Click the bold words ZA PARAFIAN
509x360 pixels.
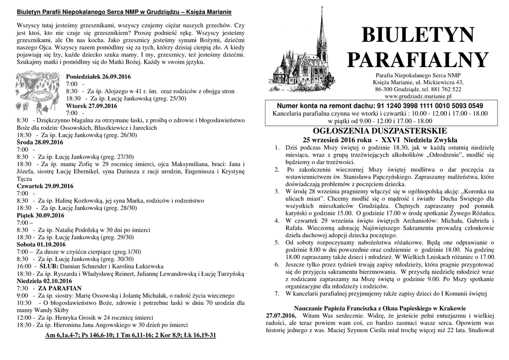[60, 288]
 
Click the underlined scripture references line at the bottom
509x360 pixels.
[131, 335]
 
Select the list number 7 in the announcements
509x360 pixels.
[276, 293]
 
